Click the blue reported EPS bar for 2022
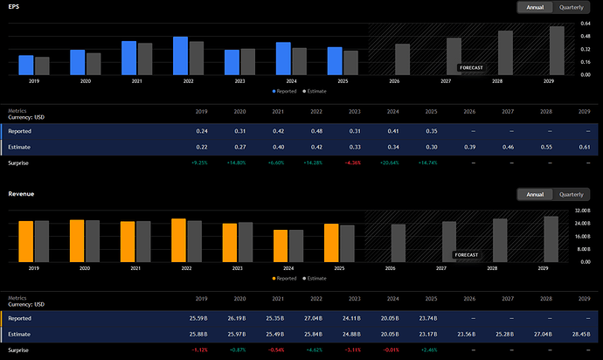click(180, 56)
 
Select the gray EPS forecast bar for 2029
click(557, 51)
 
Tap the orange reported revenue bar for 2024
click(281, 246)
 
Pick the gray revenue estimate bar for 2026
click(398, 244)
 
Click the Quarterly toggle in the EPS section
click(571, 7)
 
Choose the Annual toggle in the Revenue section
click(535, 194)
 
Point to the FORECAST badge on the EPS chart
click(471, 67)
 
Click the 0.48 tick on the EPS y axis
click(586, 36)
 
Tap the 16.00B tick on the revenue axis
click(583, 236)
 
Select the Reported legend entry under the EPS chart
click(284, 91)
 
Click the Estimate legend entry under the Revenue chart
click(315, 279)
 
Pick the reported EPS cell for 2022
click(316, 131)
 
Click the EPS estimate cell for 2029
click(584, 147)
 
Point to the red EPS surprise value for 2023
click(353, 163)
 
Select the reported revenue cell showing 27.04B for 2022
click(313, 318)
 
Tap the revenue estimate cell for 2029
click(581, 335)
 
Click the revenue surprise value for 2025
click(429, 350)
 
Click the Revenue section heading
click(21, 194)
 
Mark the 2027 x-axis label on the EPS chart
click(446, 81)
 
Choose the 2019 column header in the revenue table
click(202, 299)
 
